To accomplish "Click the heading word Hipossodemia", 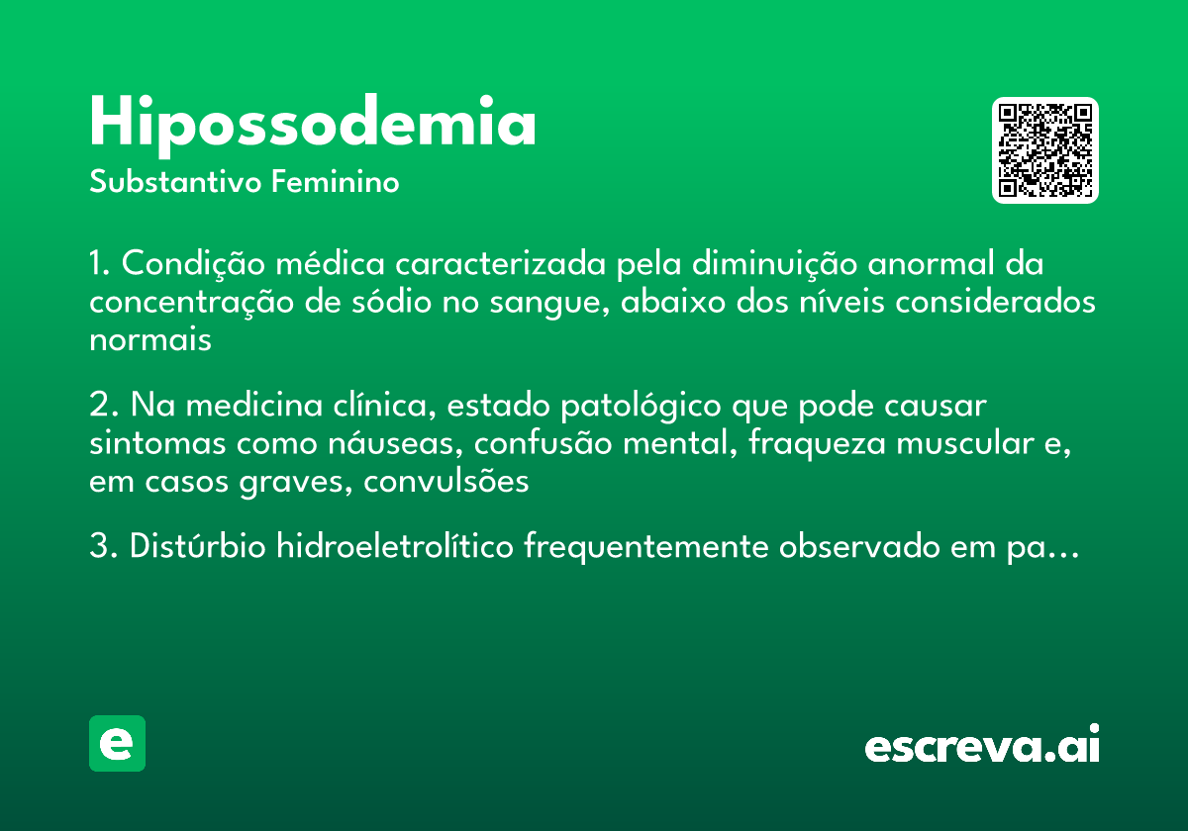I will click(313, 123).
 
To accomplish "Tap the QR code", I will click(1045, 150).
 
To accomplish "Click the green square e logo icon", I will click(117, 743).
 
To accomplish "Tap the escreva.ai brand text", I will click(982, 746).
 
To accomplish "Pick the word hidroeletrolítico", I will click(395, 547).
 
